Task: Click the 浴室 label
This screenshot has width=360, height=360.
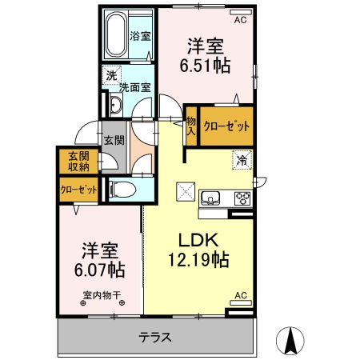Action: (x=142, y=35)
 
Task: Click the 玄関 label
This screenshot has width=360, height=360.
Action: (x=110, y=139)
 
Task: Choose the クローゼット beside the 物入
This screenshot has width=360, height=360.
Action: (x=226, y=126)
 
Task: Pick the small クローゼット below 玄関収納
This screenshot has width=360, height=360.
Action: (x=78, y=190)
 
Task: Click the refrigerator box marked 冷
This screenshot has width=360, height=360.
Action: (x=241, y=159)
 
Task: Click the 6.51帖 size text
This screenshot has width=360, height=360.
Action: (x=207, y=66)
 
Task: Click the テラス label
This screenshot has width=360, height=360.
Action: (x=154, y=337)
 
